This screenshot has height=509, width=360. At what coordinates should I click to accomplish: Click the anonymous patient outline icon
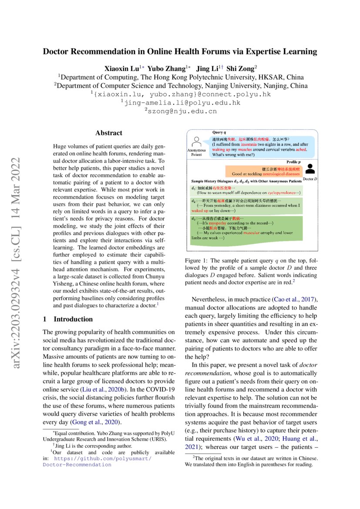pyautogui.click(x=196, y=142)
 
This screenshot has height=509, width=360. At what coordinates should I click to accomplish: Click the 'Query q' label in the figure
pyautogui.click(x=219, y=132)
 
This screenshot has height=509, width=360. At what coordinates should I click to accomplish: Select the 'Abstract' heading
pyautogui.click(x=109, y=133)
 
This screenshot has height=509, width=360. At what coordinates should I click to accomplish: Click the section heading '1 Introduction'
pyautogui.click(x=67, y=319)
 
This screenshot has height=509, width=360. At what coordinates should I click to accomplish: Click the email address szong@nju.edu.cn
pyautogui.click(x=180, y=111)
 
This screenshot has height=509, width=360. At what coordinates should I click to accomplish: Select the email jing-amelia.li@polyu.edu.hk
pyautogui.click(x=180, y=103)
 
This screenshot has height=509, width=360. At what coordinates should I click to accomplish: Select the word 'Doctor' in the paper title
pyautogui.click(x=56, y=52)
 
